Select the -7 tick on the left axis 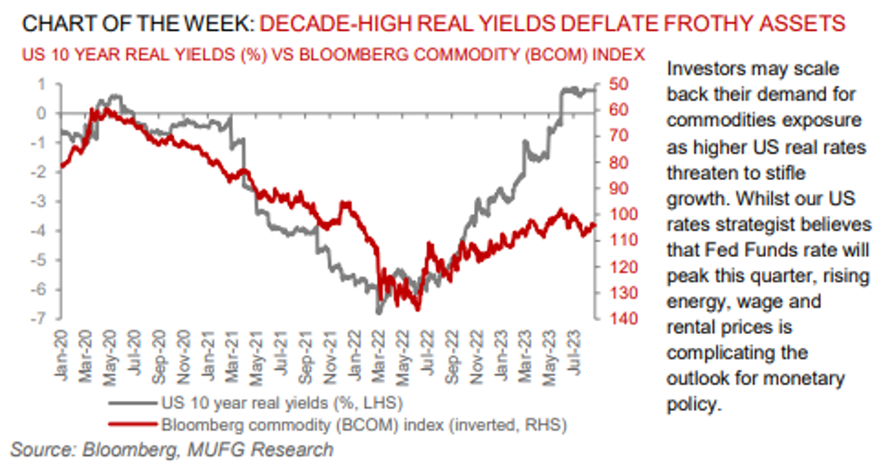[40, 319]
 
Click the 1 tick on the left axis [41, 84]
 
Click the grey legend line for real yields [135, 404]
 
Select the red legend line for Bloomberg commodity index [135, 426]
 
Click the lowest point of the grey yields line [379, 312]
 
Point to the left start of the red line [61, 166]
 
